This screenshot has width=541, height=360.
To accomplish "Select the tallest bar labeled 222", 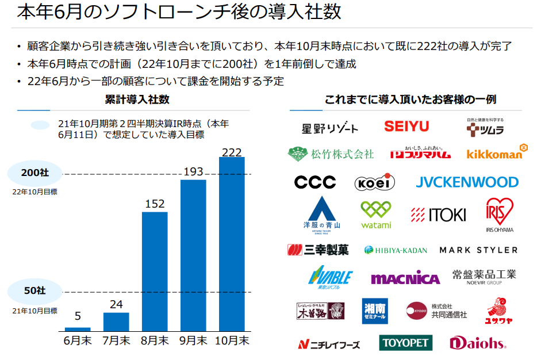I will (232, 244).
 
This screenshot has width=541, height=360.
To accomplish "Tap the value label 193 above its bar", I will (193, 172).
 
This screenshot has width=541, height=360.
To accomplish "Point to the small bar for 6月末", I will (78, 329).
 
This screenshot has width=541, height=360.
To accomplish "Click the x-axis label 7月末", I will (116, 340).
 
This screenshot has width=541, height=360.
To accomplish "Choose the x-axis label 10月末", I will (232, 340).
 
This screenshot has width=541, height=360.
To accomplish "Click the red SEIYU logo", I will (406, 127).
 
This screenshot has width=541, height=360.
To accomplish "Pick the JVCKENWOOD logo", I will (467, 182).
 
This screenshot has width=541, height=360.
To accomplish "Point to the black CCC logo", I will (315, 182).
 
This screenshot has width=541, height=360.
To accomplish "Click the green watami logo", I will (376, 215).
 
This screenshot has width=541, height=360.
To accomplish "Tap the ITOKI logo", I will (439, 215).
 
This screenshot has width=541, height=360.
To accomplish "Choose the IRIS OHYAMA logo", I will (499, 214).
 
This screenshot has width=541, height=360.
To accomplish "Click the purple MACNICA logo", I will (405, 278).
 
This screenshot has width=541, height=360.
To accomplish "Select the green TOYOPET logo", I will (405, 343).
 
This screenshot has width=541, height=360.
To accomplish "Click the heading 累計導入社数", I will (137, 99).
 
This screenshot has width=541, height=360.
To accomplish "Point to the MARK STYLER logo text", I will (478, 250).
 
